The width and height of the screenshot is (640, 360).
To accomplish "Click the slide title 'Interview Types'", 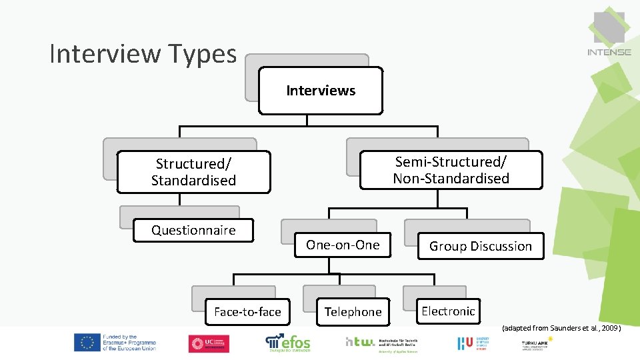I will point(143,54).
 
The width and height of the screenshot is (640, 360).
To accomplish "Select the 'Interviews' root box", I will point(321,91).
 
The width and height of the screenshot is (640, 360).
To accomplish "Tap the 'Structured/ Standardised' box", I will point(193,172).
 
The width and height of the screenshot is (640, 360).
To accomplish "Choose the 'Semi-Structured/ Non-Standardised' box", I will point(451,170).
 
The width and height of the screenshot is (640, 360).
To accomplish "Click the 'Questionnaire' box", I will point(193,230).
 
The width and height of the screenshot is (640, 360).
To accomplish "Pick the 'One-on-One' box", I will point(343,245).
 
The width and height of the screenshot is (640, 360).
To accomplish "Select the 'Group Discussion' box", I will point(480,246).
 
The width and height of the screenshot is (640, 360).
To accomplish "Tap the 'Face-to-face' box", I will point(247,311).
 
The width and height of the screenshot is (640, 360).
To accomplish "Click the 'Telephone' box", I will point(353,311).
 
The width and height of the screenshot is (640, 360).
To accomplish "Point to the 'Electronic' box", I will point(448,311).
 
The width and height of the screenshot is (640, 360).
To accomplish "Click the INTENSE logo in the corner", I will point(609,33).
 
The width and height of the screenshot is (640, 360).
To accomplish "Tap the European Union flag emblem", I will point(87,343).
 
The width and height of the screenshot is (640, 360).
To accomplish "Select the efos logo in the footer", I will point(288,343).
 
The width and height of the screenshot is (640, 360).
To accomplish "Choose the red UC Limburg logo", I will point(209,343).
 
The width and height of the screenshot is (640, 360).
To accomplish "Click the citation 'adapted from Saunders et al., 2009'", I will point(561,328).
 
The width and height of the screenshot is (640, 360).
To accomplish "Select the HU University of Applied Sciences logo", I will point(473,343).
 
